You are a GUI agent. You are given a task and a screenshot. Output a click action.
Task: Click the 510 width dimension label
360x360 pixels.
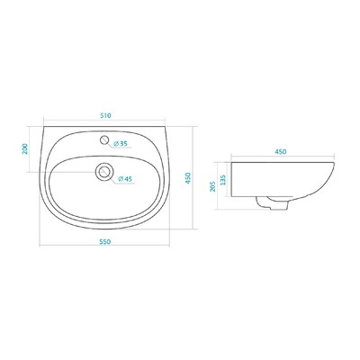click(x=105, y=115)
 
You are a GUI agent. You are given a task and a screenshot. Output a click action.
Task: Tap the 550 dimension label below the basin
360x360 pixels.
click(x=105, y=241)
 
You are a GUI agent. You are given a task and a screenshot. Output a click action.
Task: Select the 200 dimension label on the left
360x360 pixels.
click(x=25, y=148)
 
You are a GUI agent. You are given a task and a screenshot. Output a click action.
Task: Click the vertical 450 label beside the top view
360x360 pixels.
click(x=188, y=178)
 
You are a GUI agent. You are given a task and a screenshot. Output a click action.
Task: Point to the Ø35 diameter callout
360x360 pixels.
click(x=121, y=144)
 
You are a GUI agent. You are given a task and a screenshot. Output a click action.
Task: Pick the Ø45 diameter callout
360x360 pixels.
click(x=125, y=179)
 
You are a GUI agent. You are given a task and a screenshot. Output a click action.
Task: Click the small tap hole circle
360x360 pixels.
click(x=104, y=139)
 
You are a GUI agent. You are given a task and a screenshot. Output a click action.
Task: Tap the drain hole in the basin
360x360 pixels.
click(x=104, y=171)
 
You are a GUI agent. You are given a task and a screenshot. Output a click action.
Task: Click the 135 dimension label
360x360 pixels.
click(x=223, y=180)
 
